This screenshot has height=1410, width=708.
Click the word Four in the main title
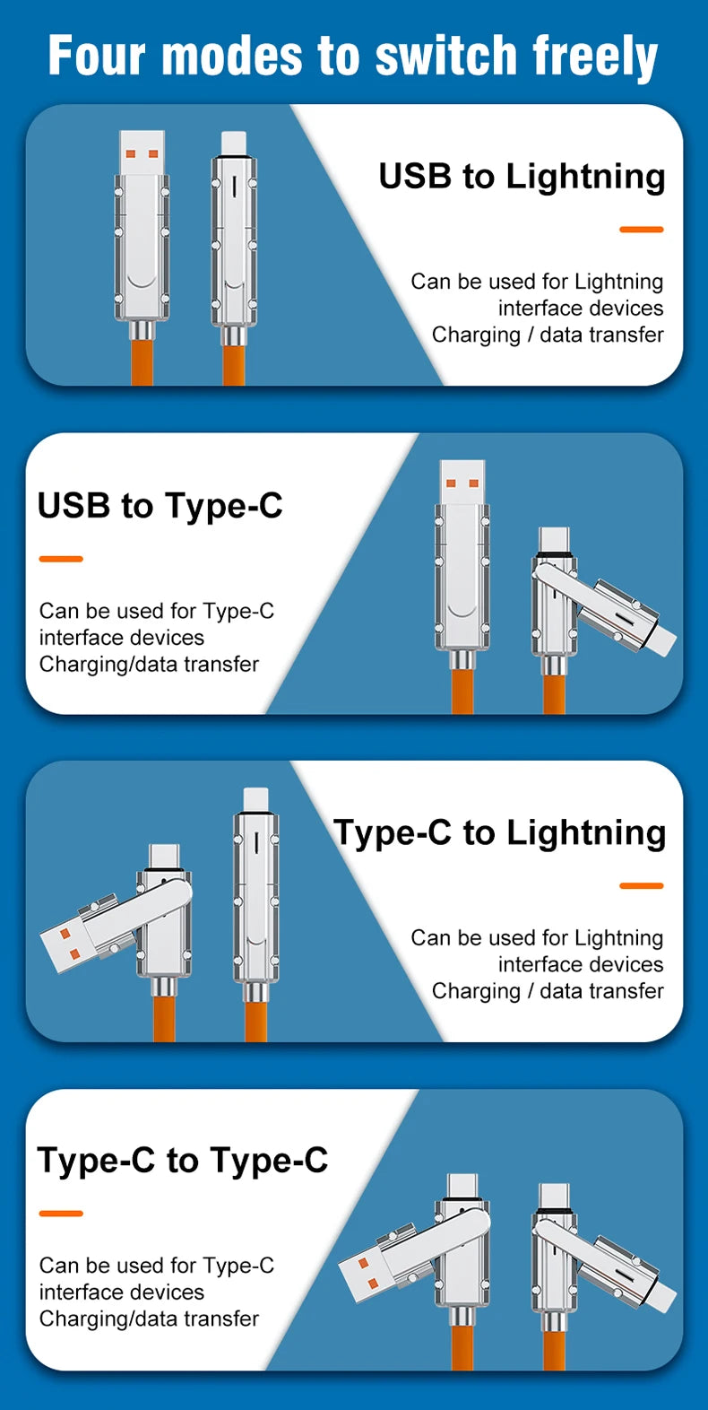point(96,56)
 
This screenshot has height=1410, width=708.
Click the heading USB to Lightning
point(522,177)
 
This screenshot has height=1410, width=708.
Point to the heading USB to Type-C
point(160,507)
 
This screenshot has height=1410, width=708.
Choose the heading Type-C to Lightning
point(499,833)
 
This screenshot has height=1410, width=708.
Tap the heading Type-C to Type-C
point(182,1162)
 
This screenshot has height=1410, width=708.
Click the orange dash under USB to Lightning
point(641,230)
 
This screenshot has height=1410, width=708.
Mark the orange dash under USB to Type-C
point(61,559)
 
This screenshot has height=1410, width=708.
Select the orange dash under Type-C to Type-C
point(61,1214)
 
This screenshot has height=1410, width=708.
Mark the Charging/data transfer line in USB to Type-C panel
point(149,665)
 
